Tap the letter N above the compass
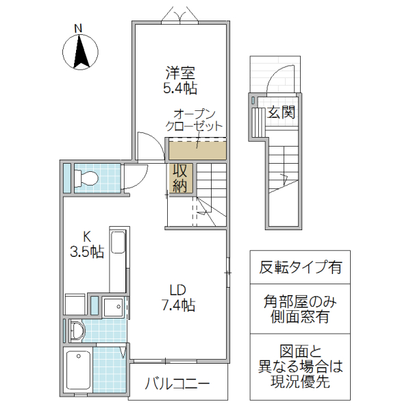[78, 28]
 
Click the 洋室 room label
[181, 72]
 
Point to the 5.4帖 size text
[181, 88]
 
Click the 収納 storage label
[180, 177]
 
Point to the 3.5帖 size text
[87, 251]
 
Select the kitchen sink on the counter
[118, 244]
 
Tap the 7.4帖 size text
[179, 305]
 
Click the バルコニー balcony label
[177, 384]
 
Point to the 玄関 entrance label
[282, 112]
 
